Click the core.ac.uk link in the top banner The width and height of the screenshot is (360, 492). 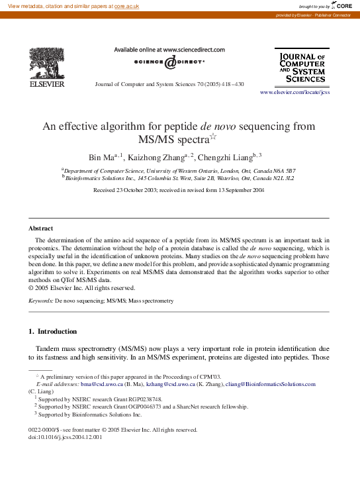pos(126,5)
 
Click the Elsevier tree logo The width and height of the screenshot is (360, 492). pos(46,64)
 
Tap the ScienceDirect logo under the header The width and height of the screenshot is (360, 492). pos(169,62)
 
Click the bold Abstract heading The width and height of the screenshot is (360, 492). pos(40,228)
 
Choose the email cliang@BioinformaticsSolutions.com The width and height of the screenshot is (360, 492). pos(270,384)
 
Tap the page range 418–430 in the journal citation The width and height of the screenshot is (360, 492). pos(231,85)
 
